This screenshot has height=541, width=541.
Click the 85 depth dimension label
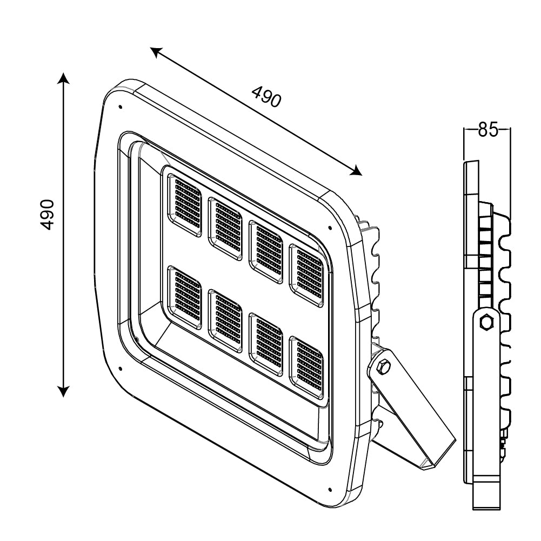click(487, 130)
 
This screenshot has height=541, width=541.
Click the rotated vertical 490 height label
click(49, 214)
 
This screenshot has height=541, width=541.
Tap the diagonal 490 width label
click(266, 98)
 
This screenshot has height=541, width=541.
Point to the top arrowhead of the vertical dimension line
click(64, 79)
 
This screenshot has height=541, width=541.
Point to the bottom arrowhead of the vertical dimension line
click(64, 390)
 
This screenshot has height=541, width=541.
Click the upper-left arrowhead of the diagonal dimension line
click(156, 51)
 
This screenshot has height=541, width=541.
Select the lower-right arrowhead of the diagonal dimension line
click(356, 171)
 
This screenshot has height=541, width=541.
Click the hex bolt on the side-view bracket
click(487, 322)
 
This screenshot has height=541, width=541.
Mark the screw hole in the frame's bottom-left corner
click(119, 370)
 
